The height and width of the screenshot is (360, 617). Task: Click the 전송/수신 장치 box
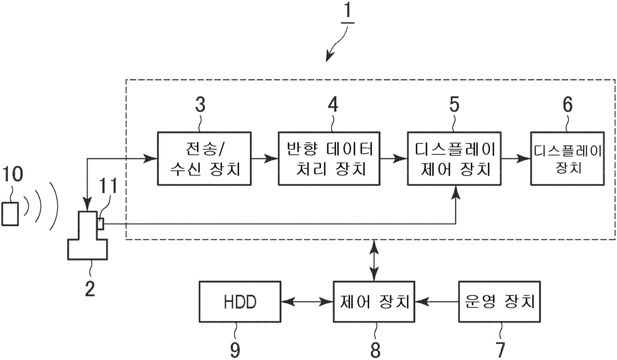click(x=204, y=159)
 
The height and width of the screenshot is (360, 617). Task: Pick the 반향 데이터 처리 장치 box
click(x=329, y=159)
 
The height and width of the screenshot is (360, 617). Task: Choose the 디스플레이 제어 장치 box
click(x=454, y=159)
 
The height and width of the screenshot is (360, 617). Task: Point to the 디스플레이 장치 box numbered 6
click(x=567, y=159)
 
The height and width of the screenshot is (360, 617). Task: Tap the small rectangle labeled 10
click(x=10, y=214)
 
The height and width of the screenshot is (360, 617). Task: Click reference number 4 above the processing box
click(x=332, y=106)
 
